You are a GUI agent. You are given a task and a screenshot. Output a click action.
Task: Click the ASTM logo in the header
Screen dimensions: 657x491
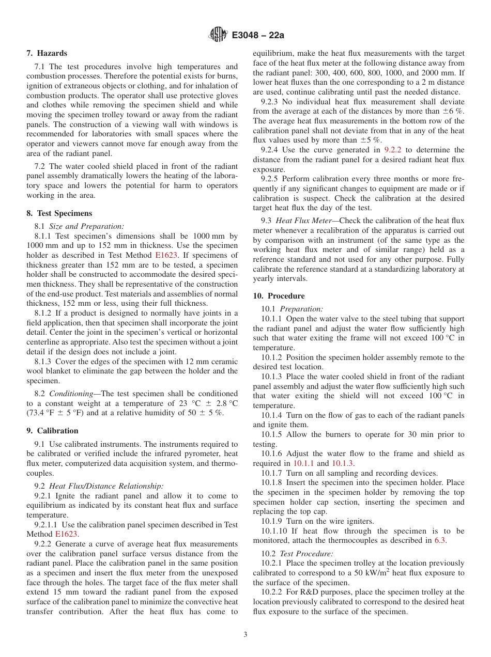(218, 35)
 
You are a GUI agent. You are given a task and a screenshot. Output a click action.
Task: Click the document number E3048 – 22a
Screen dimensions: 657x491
(258, 36)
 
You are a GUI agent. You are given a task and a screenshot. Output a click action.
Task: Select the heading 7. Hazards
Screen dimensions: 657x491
(47, 53)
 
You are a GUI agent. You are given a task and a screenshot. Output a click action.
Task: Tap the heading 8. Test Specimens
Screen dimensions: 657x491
(59, 213)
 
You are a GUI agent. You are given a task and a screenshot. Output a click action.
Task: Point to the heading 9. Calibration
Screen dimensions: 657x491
(52, 431)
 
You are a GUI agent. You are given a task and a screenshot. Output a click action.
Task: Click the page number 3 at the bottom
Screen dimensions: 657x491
(245, 635)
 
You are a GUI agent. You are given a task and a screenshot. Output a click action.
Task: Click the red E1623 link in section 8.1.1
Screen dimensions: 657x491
(165, 255)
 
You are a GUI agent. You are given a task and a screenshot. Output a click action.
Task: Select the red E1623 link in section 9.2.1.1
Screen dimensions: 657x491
(66, 534)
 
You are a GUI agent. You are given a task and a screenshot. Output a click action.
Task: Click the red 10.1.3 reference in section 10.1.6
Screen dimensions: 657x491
(342, 463)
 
